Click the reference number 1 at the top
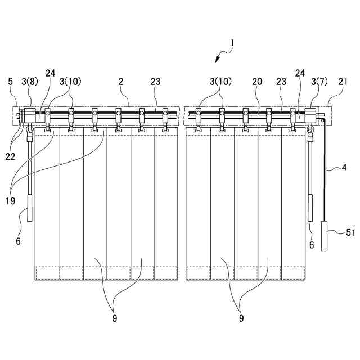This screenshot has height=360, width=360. [233, 42]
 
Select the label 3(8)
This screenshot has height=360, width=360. [29, 82]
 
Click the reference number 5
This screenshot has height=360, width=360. [10, 82]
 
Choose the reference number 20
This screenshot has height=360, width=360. [257, 82]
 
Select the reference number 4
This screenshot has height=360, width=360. [343, 168]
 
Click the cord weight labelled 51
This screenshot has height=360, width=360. [325, 236]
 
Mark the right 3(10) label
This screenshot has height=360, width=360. [219, 82]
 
